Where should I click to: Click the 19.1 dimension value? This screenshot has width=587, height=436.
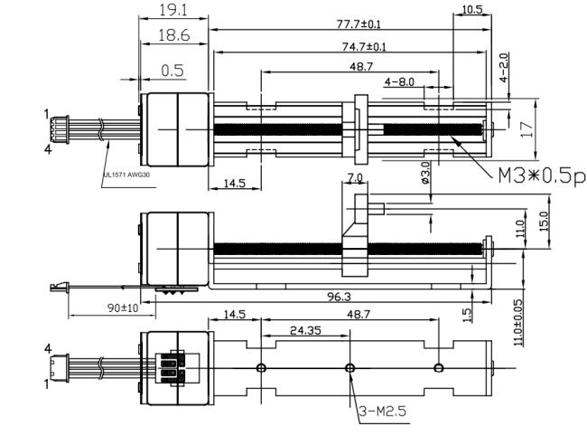tap(172, 11)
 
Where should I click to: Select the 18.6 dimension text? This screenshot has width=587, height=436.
tap(172, 37)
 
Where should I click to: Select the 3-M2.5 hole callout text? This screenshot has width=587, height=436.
tap(383, 412)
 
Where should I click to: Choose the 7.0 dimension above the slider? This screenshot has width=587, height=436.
tap(354, 178)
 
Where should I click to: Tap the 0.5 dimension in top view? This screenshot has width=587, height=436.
tap(172, 71)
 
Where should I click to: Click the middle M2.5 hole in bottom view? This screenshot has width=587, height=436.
tap(350, 367)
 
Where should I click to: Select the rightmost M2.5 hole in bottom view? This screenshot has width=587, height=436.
tap(439, 367)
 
